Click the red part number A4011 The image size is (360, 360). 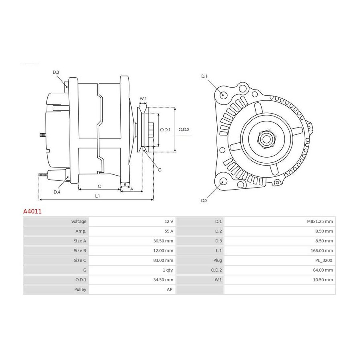point(32,211)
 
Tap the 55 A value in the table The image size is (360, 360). point(169,231)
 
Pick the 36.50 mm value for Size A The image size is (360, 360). point(163,241)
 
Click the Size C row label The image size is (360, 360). point(80,260)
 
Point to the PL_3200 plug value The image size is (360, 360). point(324,260)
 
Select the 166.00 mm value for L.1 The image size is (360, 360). point(322,251)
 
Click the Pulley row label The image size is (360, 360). point(80,290)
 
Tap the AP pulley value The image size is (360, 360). point(170,290)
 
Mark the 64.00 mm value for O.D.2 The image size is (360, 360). point(323,270)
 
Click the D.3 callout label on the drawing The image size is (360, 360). point(56,72)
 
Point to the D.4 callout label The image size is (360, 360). point(57,192)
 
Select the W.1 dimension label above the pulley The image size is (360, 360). point(143,99)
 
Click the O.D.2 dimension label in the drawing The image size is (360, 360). point(184,130)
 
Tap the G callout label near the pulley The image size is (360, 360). point(160,170)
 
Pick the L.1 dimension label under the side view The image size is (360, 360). point(97,196)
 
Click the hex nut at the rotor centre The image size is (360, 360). point(266,139)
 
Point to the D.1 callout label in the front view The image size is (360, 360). point(204,76)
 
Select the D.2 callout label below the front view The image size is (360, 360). point(204,200)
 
